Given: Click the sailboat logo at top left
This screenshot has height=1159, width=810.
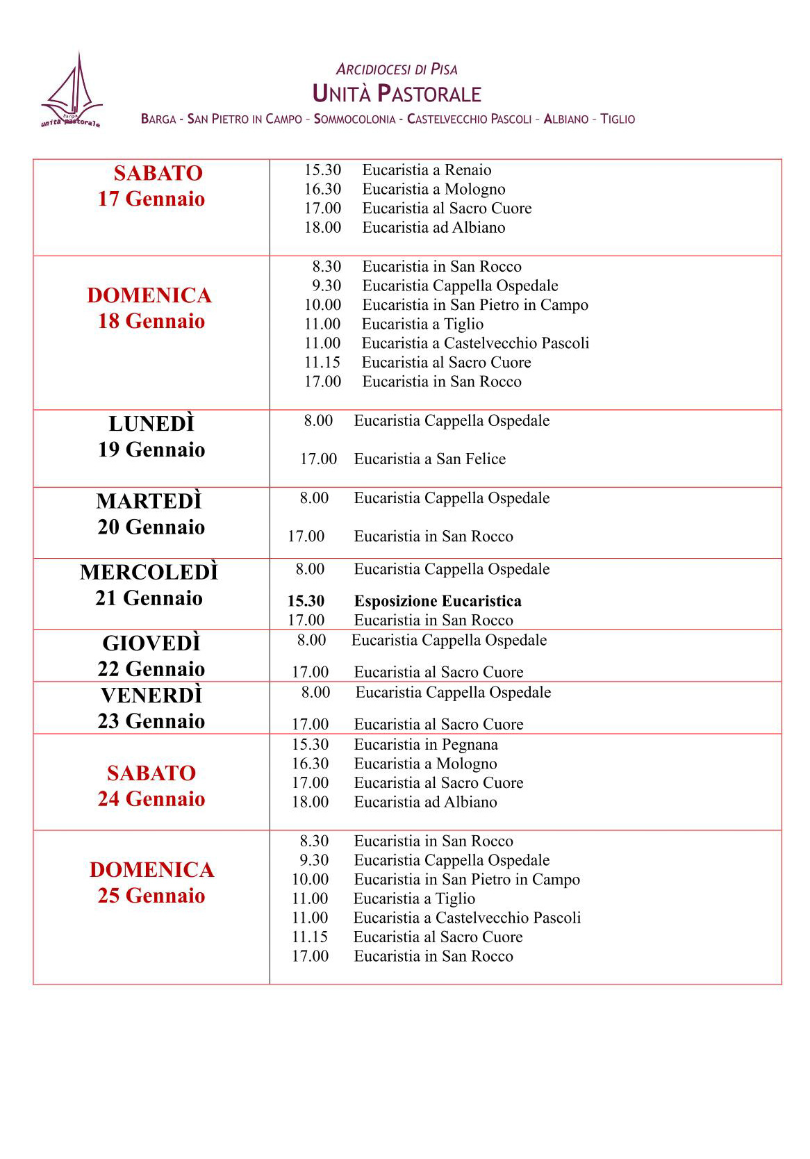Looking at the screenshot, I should point(72,92).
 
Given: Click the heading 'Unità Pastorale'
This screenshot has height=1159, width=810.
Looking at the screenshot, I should point(397,94).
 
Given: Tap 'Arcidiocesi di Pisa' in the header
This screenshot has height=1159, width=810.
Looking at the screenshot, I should point(397,69).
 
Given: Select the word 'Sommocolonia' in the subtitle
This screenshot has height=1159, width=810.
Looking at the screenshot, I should point(354,119).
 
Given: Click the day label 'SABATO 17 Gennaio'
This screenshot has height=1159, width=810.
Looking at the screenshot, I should point(151,186).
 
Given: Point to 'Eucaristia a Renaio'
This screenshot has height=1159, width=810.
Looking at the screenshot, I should point(427,170).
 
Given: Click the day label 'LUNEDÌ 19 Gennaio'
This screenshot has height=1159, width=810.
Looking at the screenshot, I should point(151,437).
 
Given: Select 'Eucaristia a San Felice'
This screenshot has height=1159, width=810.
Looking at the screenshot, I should point(429,459).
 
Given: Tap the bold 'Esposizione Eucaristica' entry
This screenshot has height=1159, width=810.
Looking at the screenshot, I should point(438,601).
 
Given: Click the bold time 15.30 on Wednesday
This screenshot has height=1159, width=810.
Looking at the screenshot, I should point(306,601).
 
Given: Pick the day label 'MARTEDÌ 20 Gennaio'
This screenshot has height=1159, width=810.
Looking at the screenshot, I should point(151,514).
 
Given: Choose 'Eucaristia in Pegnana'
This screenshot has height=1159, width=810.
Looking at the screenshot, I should point(426,745).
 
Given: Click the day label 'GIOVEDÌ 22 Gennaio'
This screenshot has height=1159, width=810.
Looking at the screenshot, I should point(151,656).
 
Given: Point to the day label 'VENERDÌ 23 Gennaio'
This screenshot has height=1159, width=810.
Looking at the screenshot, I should point(151,708).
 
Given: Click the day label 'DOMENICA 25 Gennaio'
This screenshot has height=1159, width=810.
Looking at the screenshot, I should point(151,882).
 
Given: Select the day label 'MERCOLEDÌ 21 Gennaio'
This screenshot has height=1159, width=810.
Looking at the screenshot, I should point(149,585).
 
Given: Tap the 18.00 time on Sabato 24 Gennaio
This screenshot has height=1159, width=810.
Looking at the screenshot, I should point(310,803).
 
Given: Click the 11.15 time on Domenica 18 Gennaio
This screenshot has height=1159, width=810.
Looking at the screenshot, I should point(322,363).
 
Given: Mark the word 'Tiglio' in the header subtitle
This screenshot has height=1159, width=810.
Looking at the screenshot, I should point(618,119).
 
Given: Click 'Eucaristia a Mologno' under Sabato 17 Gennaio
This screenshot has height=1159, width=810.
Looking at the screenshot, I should point(433,190).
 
